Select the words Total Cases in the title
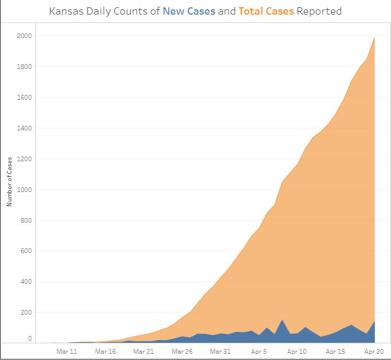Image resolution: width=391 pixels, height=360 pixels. pos(266,11)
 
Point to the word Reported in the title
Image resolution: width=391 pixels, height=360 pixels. pos(319,11)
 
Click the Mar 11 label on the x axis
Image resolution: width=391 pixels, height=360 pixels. pos(67,352)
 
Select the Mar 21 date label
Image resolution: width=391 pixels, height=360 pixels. pos(144,352)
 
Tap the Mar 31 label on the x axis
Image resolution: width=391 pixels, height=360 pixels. pos(220,352)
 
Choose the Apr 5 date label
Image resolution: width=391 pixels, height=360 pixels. pos(259,352)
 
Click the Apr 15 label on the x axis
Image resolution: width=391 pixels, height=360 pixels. pos(336,352)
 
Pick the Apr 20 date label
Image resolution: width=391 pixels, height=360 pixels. pos(374,352)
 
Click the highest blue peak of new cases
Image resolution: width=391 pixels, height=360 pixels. pos(282,320)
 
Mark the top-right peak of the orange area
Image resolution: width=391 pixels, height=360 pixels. pos(374,38)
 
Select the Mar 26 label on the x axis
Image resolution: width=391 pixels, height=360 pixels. pos(182,352)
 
